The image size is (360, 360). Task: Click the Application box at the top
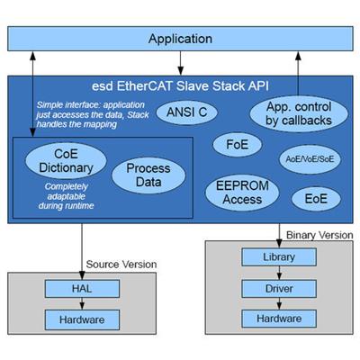180,39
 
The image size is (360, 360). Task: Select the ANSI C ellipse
186,112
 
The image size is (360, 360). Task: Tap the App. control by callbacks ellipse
299,113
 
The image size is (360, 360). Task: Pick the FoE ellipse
237,145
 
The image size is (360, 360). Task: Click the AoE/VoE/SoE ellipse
310,158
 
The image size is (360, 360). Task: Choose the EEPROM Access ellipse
242,193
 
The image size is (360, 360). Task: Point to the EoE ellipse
316,199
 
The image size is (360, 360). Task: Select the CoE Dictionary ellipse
66,161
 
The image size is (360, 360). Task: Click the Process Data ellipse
148,175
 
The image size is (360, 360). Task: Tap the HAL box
82,289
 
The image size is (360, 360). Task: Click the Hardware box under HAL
82,319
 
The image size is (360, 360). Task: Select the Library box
279,257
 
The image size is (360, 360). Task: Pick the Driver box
279,289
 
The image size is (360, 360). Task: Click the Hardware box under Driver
279,319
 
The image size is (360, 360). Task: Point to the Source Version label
121,265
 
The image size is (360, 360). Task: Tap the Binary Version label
319,235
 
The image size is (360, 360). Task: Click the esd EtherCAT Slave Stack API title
180,86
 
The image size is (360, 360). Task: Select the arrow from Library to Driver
279,273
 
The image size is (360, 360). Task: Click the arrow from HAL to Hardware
82,303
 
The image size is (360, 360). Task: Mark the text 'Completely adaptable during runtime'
66,196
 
